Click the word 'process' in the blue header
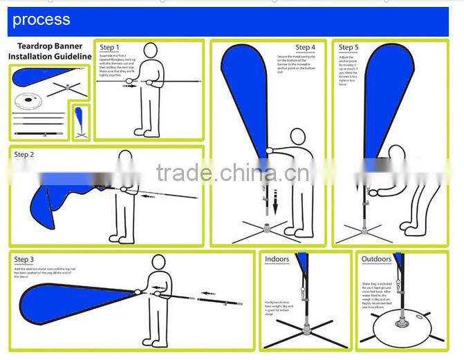pos(41,19)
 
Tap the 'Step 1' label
pos(109,48)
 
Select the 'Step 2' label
pos(24,154)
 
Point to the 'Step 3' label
pos(24,259)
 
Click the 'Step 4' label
pos(305,48)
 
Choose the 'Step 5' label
pos(349,48)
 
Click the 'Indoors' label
pos(277,259)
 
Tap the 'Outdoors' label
pos(376,259)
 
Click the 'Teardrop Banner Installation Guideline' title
pos(50,51)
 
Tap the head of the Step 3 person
pos(158,263)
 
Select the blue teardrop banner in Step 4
pos(245,90)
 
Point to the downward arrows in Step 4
pos(275,200)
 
